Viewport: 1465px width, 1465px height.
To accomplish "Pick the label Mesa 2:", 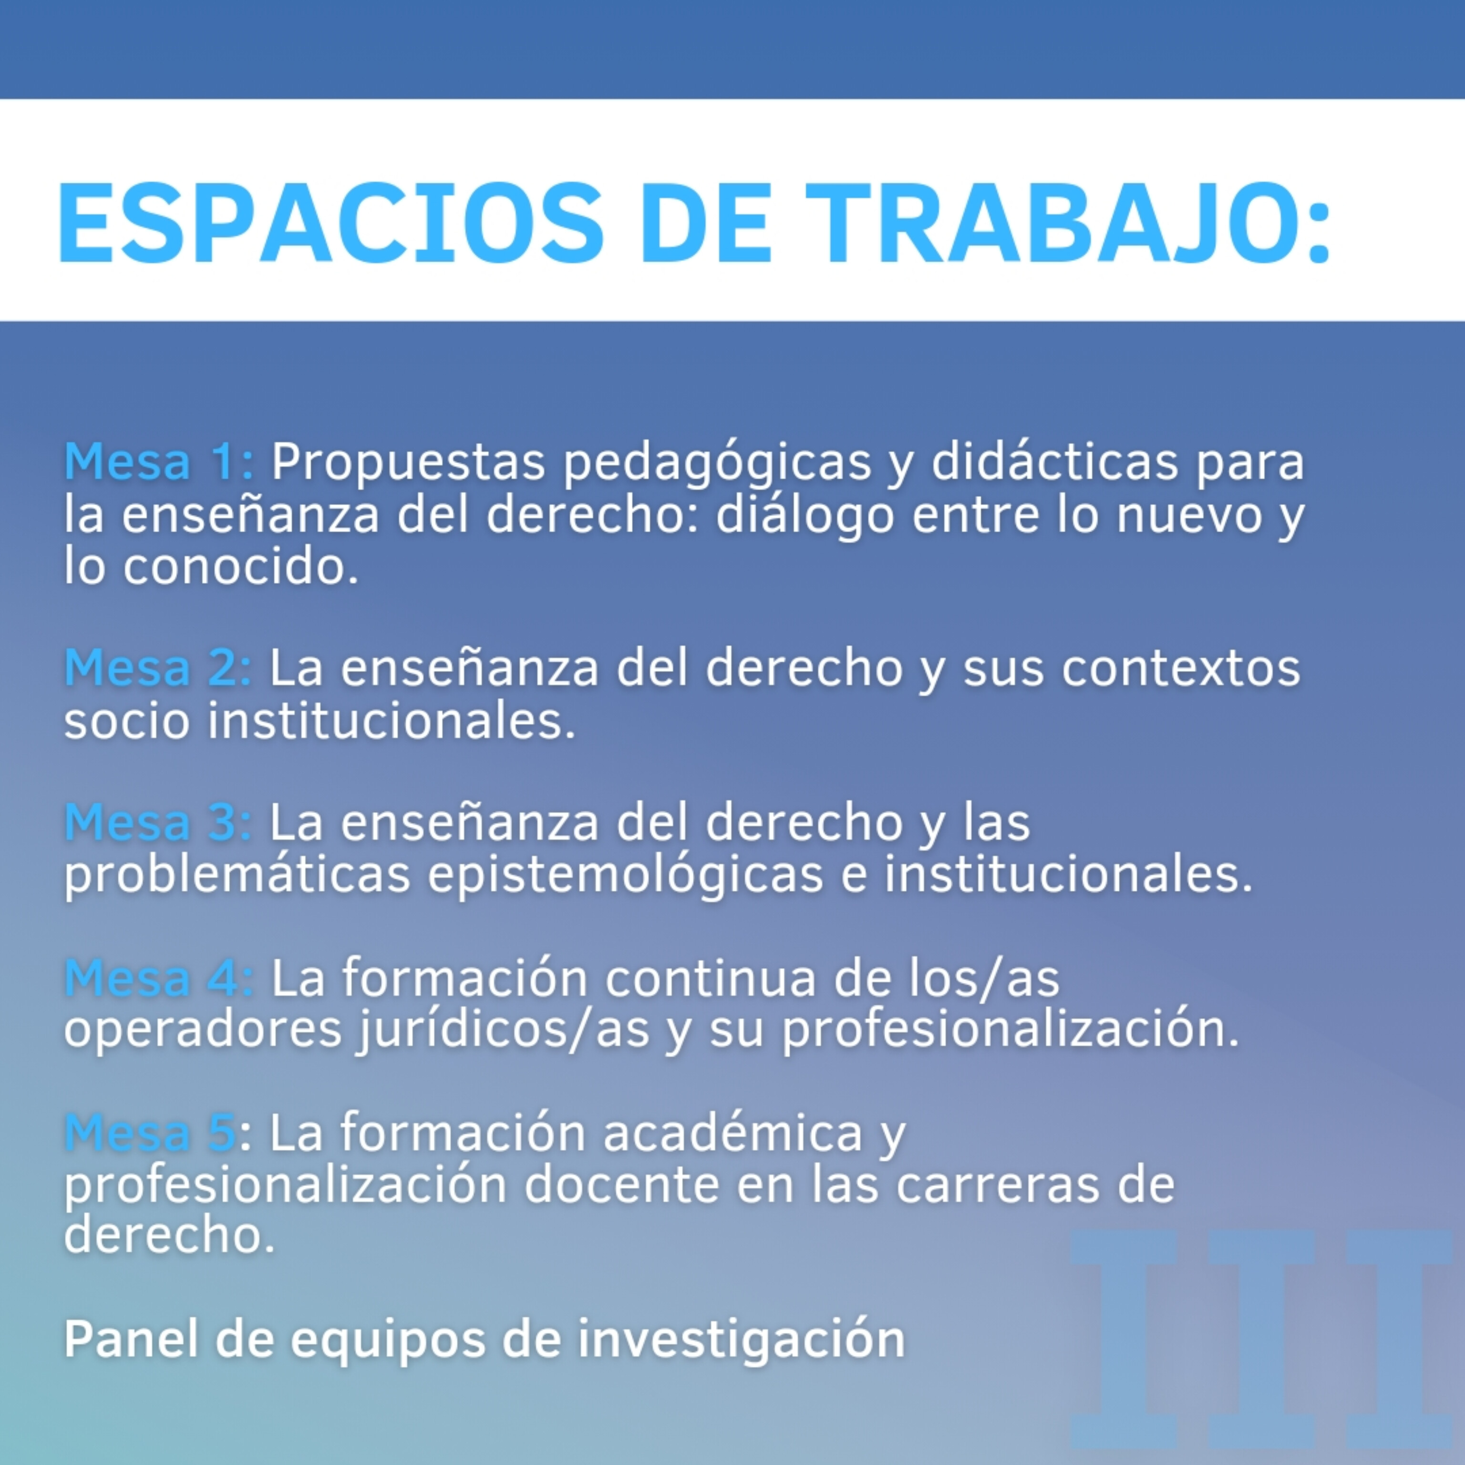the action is point(158,667).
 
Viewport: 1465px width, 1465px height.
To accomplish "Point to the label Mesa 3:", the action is point(158,822).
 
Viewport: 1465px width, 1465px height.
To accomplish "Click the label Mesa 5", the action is point(150,1133).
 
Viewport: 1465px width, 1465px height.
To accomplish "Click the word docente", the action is point(622,1186).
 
